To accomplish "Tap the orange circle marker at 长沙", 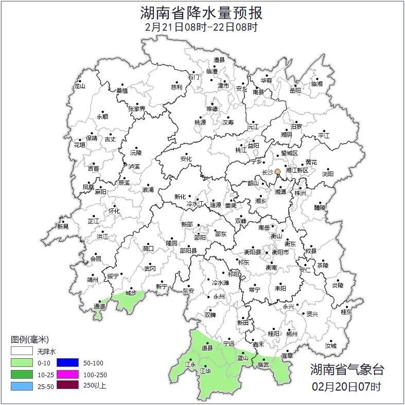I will click(x=278, y=171).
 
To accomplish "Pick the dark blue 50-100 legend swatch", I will click(x=67, y=362).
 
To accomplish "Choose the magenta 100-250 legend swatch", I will click(x=67, y=374).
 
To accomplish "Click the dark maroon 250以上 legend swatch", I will click(x=67, y=385).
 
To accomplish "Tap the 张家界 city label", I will click(x=137, y=109).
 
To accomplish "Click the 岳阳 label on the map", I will click(x=295, y=91).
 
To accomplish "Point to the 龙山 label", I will click(x=79, y=86).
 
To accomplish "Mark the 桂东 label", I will click(x=346, y=312).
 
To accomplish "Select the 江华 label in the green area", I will click(x=205, y=371).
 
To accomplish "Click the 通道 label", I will click(x=99, y=307).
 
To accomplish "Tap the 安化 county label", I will click(x=186, y=159).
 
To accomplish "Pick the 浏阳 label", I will click(x=328, y=174).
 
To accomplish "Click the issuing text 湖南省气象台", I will click(x=347, y=369).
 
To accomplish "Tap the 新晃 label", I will click(x=63, y=226).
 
